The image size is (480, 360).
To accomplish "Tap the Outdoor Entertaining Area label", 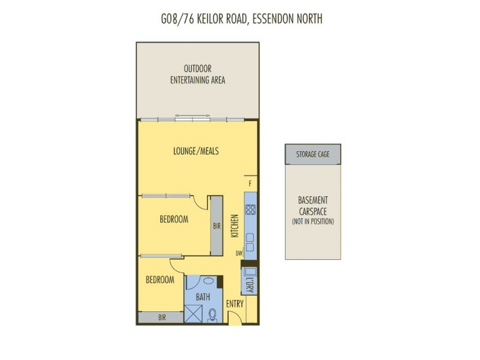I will tap(197, 74).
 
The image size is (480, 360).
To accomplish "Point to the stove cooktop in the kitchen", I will tap(250, 210).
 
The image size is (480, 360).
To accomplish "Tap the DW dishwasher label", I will tap(238, 254).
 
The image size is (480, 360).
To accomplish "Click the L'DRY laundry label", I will tap(250, 286).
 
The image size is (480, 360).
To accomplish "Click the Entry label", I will tap(235, 304).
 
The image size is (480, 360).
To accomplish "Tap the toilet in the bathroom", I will tap(212, 314).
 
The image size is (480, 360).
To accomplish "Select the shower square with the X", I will tap(194, 314).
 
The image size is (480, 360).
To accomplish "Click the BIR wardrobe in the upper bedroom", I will tap(216, 226).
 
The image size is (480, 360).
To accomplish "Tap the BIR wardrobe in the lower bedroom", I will tap(161, 318).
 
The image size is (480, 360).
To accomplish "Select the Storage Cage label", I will tap(313, 155).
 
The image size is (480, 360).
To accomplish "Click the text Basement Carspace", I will tap(313, 205).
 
